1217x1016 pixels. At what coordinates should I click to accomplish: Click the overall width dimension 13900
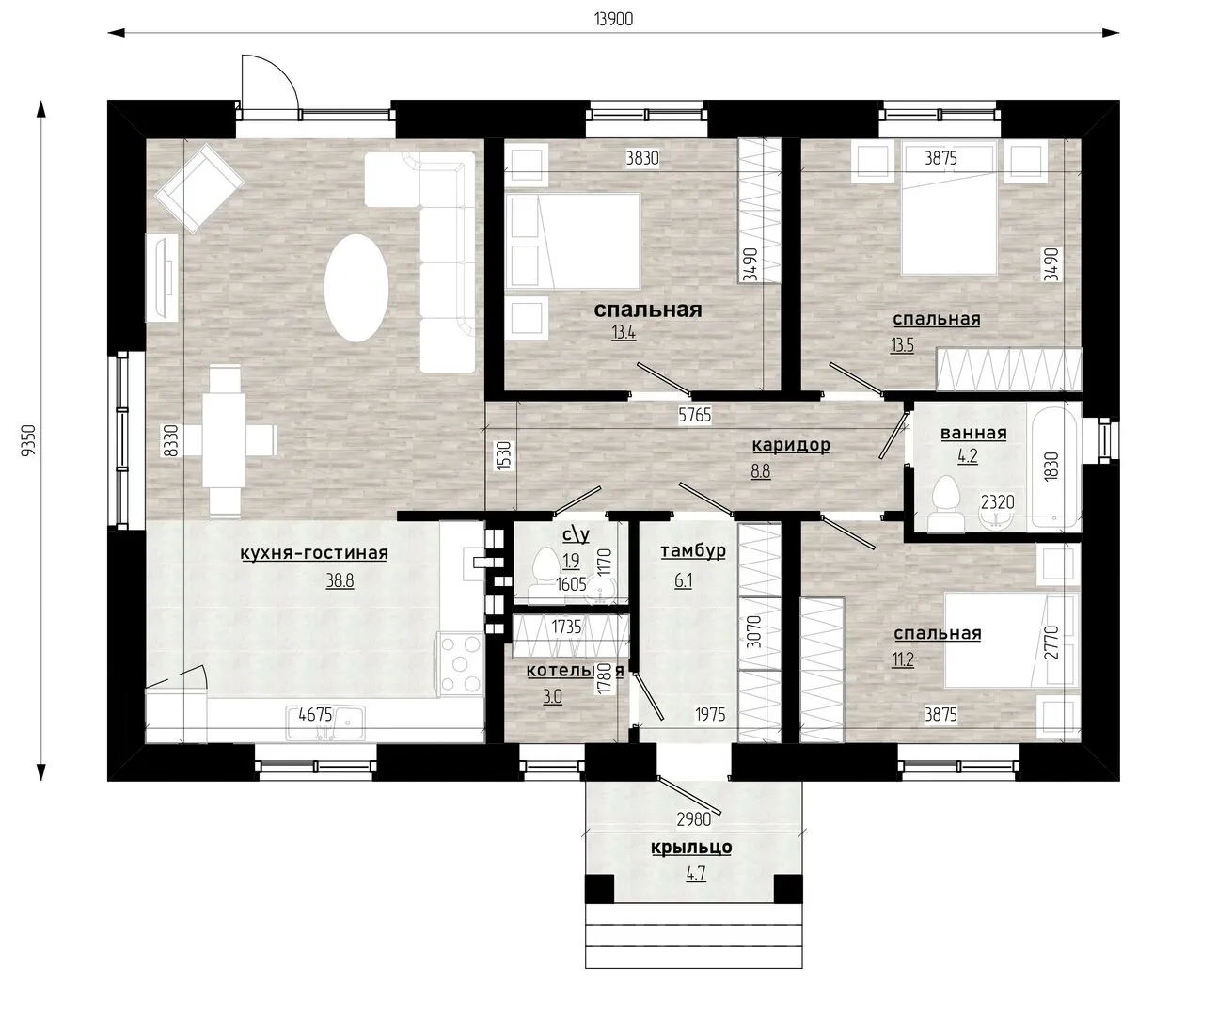tap(613, 19)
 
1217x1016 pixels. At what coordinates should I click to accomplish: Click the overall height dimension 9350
tap(28, 440)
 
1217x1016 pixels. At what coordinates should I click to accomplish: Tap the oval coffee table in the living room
tap(356, 288)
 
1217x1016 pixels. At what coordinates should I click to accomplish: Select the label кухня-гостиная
tap(314, 552)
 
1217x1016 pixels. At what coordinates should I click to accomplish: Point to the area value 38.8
tap(340, 581)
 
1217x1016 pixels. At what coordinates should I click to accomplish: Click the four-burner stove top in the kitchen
tap(461, 663)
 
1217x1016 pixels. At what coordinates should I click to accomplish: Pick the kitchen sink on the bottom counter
tap(325, 722)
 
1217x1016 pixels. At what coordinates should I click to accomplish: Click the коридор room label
tap(791, 445)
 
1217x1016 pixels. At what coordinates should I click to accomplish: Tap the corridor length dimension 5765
tap(695, 415)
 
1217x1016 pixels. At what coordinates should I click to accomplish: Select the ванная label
tap(973, 433)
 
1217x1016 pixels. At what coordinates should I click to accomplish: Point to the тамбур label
tap(693, 551)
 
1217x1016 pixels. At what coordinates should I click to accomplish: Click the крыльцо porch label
tap(691, 847)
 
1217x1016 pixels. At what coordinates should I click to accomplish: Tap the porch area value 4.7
tap(696, 873)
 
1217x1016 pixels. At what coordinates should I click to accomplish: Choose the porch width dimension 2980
tap(693, 819)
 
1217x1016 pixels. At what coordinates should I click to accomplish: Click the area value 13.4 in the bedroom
tap(623, 333)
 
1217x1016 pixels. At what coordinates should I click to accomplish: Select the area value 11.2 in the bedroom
tap(902, 659)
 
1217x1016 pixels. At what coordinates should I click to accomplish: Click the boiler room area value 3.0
tap(553, 696)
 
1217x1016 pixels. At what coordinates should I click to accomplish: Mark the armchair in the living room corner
tap(198, 188)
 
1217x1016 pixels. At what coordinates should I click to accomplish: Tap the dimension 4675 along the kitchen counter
tap(315, 714)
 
